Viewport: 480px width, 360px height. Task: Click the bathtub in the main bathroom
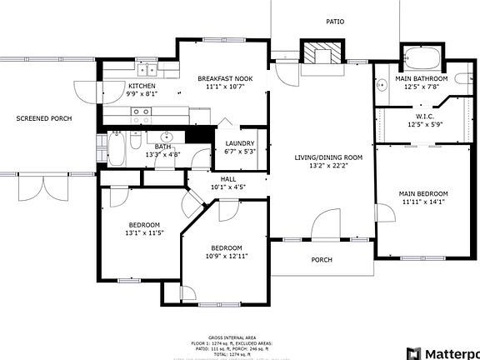pyautogui.click(x=424, y=60)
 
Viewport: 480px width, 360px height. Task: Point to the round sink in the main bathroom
pyautogui.click(x=380, y=82)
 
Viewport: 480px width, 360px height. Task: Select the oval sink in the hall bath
pyautogui.click(x=167, y=137)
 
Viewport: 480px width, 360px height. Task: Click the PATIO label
pyautogui.click(x=334, y=22)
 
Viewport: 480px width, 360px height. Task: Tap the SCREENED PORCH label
pyautogui.click(x=44, y=118)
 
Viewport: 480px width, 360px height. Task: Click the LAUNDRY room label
pyautogui.click(x=240, y=143)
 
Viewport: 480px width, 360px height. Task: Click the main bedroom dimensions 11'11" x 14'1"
pyautogui.click(x=425, y=201)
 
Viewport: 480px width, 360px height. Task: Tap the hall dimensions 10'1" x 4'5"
pyautogui.click(x=228, y=187)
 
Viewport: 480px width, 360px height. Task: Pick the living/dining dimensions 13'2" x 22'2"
pyautogui.click(x=328, y=166)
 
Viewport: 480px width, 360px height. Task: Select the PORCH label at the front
pyautogui.click(x=322, y=260)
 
